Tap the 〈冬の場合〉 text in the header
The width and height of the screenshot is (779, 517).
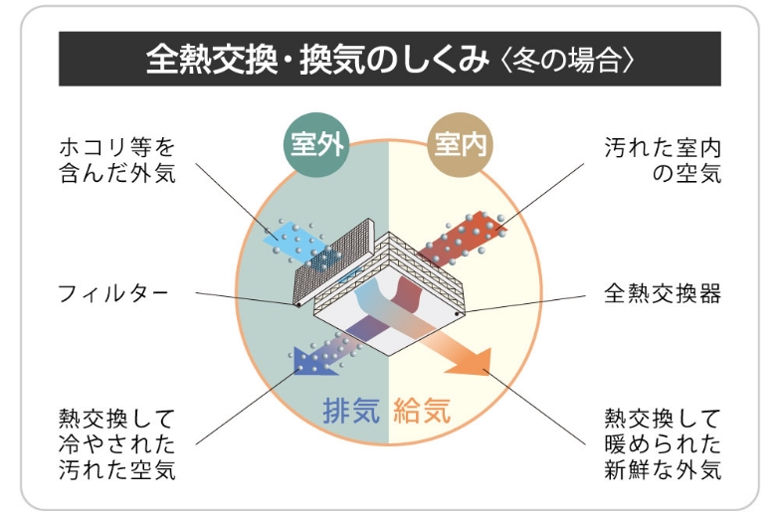coord(567,59)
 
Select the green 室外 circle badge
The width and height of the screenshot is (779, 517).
coord(316,146)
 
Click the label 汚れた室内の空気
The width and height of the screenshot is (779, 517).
coord(663,161)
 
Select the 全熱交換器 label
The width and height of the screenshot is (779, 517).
coord(663,293)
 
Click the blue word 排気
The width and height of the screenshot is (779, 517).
coord(352,410)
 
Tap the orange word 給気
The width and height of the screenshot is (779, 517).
coord(422,410)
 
